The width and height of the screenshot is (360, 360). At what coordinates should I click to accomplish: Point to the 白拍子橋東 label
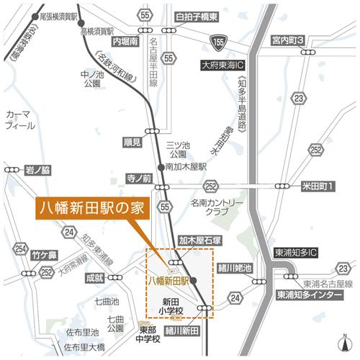point(195,16)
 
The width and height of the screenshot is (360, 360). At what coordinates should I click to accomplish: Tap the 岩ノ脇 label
point(37,170)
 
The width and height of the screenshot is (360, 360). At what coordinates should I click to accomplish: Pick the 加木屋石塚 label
point(199,240)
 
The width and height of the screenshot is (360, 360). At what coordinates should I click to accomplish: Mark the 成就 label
point(95,276)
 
